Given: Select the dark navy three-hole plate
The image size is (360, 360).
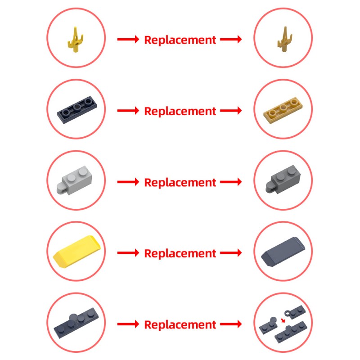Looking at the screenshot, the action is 77,110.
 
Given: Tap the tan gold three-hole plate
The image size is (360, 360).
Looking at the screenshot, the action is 283,110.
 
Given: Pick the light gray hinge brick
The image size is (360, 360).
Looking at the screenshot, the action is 74,180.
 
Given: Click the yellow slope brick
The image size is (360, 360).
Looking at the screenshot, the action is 76,252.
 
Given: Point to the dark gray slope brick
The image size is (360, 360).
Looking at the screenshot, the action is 283,252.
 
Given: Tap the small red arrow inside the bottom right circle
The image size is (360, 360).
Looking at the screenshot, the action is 283,320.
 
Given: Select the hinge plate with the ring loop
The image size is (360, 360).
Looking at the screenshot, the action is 295,312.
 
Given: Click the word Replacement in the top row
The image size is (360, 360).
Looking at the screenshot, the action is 180,40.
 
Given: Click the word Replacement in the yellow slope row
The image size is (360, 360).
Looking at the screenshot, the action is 180,253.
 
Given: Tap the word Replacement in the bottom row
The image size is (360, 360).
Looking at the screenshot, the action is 180,324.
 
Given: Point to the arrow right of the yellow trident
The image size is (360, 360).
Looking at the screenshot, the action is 128,39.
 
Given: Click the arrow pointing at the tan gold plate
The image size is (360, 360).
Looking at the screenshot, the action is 231,110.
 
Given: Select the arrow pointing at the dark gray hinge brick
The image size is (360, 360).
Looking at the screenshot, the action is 231,182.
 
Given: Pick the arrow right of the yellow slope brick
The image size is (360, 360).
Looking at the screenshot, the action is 128,253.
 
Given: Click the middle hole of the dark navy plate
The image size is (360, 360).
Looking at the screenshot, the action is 76,107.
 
